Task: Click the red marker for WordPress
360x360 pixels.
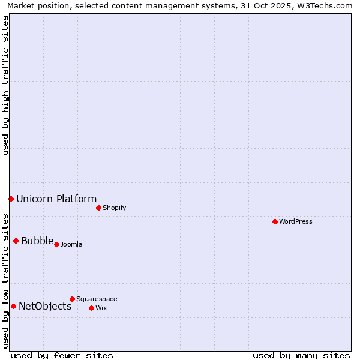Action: pos(275,221)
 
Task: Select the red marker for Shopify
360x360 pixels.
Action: pos(98,208)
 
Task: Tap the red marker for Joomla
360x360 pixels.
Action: pos(56,244)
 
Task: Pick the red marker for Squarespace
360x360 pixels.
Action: pos(72,299)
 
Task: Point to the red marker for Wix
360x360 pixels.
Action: pos(91,308)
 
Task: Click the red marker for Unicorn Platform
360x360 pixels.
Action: pos(11,199)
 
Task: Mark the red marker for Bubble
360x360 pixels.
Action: pos(16,241)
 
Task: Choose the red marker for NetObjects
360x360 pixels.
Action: pos(13,306)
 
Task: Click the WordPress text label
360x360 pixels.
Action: pos(296,221)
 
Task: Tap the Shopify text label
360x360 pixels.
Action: pos(114,208)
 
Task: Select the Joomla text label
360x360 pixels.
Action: pos(71,244)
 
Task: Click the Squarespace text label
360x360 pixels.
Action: pos(97,299)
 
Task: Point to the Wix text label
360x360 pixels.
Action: pos(101,308)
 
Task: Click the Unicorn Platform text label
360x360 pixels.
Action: pos(56,199)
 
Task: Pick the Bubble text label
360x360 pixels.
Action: pos(37,241)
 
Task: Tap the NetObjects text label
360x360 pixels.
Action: pos(45,307)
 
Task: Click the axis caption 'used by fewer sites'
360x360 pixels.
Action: pos(62,355)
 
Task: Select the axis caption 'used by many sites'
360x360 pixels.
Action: pos(301,355)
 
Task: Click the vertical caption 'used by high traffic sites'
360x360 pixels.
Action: pos(5,85)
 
